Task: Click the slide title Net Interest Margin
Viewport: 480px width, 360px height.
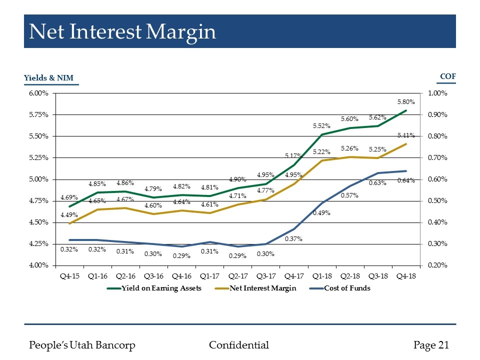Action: (x=122, y=32)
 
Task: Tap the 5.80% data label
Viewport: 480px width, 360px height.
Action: (x=406, y=101)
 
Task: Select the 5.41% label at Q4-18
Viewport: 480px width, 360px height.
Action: (x=406, y=135)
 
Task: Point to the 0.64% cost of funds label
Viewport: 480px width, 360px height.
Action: (x=406, y=180)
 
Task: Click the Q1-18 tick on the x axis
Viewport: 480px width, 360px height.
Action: (x=322, y=275)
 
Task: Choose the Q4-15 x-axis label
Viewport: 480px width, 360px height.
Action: (x=69, y=275)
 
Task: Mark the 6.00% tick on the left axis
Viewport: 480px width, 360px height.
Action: (x=37, y=93)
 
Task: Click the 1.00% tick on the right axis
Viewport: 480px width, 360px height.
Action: (x=438, y=93)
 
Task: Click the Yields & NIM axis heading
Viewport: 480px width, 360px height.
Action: (x=51, y=77)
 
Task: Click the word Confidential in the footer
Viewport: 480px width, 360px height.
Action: (x=238, y=345)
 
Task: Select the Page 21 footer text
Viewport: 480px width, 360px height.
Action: (x=431, y=345)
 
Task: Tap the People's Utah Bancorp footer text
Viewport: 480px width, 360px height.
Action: (x=82, y=345)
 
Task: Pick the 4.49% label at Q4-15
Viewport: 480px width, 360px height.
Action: (x=69, y=215)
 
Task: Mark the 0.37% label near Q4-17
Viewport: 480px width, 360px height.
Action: (x=293, y=239)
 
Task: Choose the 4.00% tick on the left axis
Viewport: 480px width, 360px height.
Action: (x=37, y=265)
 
